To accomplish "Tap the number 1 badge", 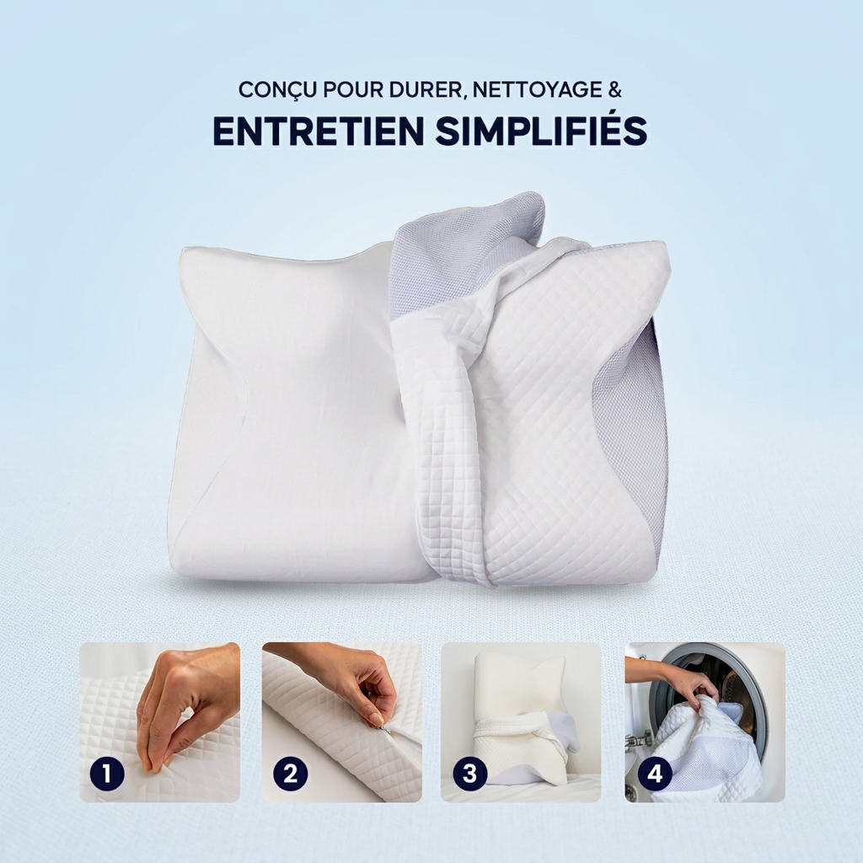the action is click(107, 774).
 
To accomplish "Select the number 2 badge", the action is click(291, 774).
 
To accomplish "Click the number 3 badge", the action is click(470, 774).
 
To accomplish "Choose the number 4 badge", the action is click(655, 774).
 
